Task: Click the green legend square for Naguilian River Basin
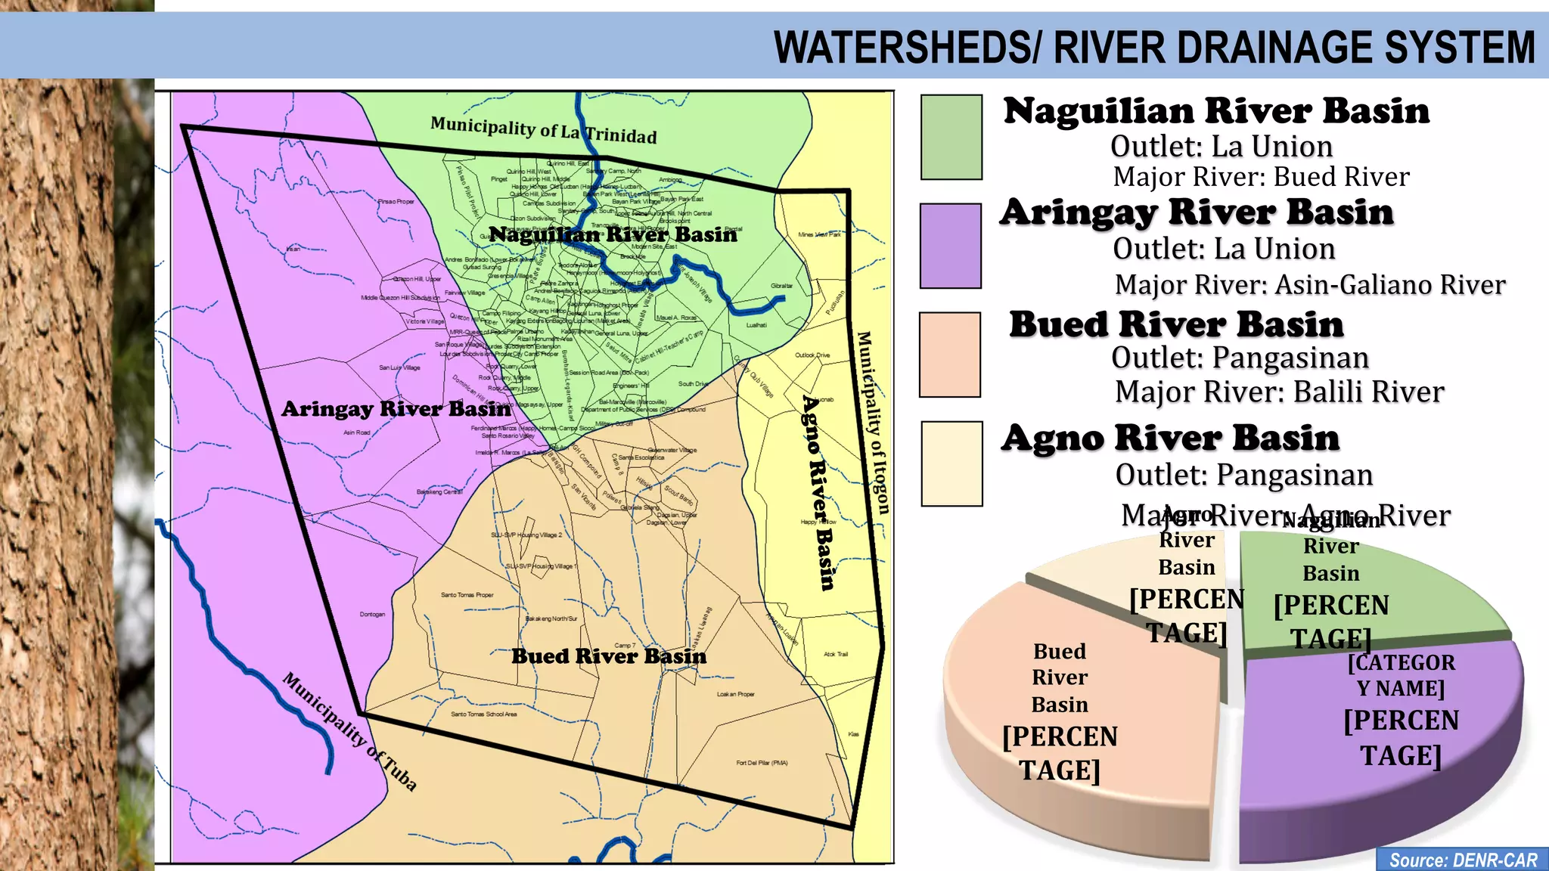[951, 137]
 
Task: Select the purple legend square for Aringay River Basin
[950, 246]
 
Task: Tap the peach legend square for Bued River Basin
[949, 355]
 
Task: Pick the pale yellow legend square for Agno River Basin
[951, 463]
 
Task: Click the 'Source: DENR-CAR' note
[1463, 860]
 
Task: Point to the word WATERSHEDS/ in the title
[908, 48]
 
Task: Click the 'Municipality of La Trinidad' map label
[543, 130]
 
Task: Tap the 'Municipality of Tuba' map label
[349, 731]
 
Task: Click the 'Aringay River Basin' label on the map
[396, 409]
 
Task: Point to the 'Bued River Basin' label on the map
[609, 656]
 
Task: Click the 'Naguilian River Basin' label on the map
[613, 234]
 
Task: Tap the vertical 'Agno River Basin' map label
[818, 491]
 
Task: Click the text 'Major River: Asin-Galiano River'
[1309, 285]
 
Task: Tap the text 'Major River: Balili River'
[1279, 392]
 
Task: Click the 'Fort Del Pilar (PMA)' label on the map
[762, 763]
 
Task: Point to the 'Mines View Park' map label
[819, 234]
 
